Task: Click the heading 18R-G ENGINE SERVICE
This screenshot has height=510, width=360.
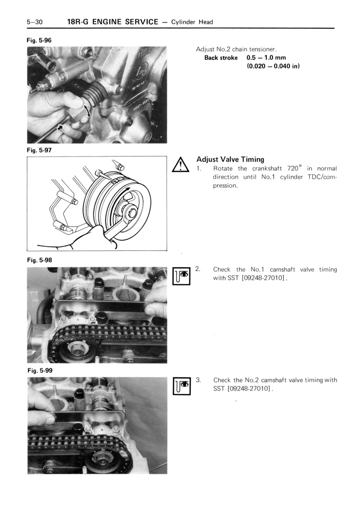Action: [112, 22]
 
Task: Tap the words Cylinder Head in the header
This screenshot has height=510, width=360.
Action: [192, 22]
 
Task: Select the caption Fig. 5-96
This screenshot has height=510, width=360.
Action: [39, 40]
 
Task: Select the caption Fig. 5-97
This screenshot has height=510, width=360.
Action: [39, 150]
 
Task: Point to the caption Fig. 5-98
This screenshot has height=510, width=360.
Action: [39, 260]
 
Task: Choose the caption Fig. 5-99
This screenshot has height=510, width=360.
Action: [39, 370]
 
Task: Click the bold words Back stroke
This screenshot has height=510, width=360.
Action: [221, 58]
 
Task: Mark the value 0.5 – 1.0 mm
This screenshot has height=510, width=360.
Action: [266, 58]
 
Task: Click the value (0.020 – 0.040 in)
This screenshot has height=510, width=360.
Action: [273, 66]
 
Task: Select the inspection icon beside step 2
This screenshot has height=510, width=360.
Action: [181, 276]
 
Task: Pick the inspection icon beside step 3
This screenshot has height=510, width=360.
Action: [181, 386]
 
